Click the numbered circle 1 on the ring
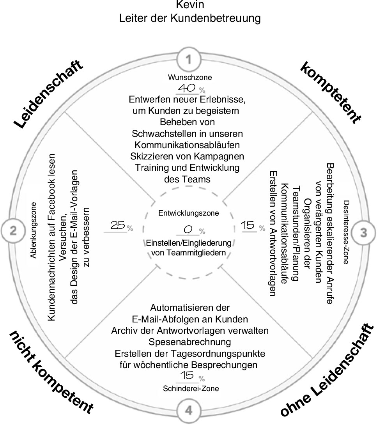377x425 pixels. (x=189, y=60)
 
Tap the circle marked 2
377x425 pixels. (x=13, y=231)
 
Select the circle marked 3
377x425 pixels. (x=363, y=233)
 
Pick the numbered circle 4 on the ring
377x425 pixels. (x=189, y=411)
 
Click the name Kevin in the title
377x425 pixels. (x=190, y=5)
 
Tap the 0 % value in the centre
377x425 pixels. (x=191, y=231)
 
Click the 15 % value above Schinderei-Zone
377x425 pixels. (x=191, y=377)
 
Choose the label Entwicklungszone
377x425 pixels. (x=189, y=213)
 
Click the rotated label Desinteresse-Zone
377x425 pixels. (x=346, y=233)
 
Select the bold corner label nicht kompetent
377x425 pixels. (x=51, y=373)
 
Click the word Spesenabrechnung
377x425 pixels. (x=190, y=342)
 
